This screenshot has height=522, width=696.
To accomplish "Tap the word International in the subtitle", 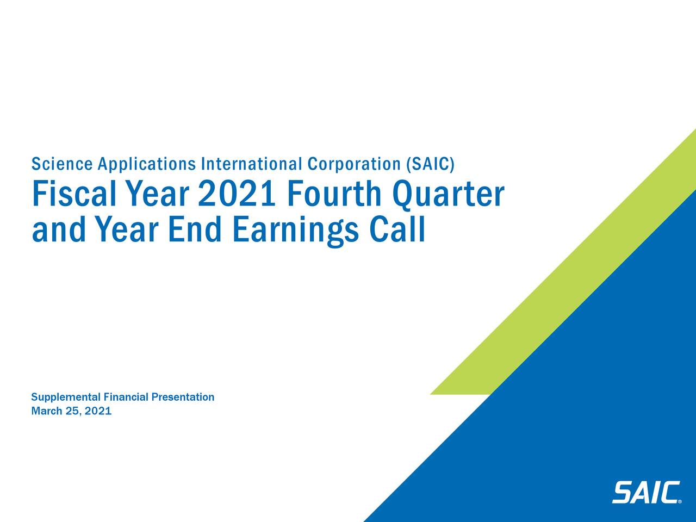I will [252, 164].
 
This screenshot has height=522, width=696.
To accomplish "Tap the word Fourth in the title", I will [334, 194].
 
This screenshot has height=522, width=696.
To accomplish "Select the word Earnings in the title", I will [295, 231].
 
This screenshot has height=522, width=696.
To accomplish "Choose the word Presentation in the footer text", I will [183, 397].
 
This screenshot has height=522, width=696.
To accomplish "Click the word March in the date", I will [46, 411].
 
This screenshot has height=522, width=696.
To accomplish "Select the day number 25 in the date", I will [72, 411].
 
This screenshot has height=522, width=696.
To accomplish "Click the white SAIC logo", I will [646, 493].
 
